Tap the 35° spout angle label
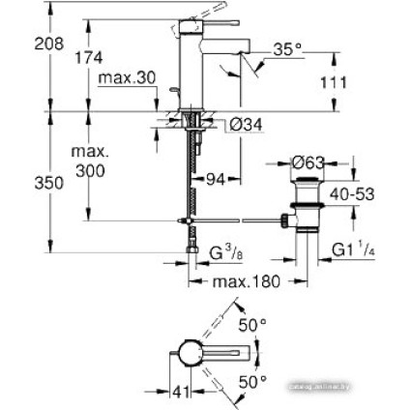[x=288, y=47]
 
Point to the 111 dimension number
[x=333, y=82]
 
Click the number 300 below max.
[x=89, y=171]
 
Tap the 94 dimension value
[x=216, y=178]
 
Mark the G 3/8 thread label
[x=225, y=253]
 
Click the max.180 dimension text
[x=246, y=282]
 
